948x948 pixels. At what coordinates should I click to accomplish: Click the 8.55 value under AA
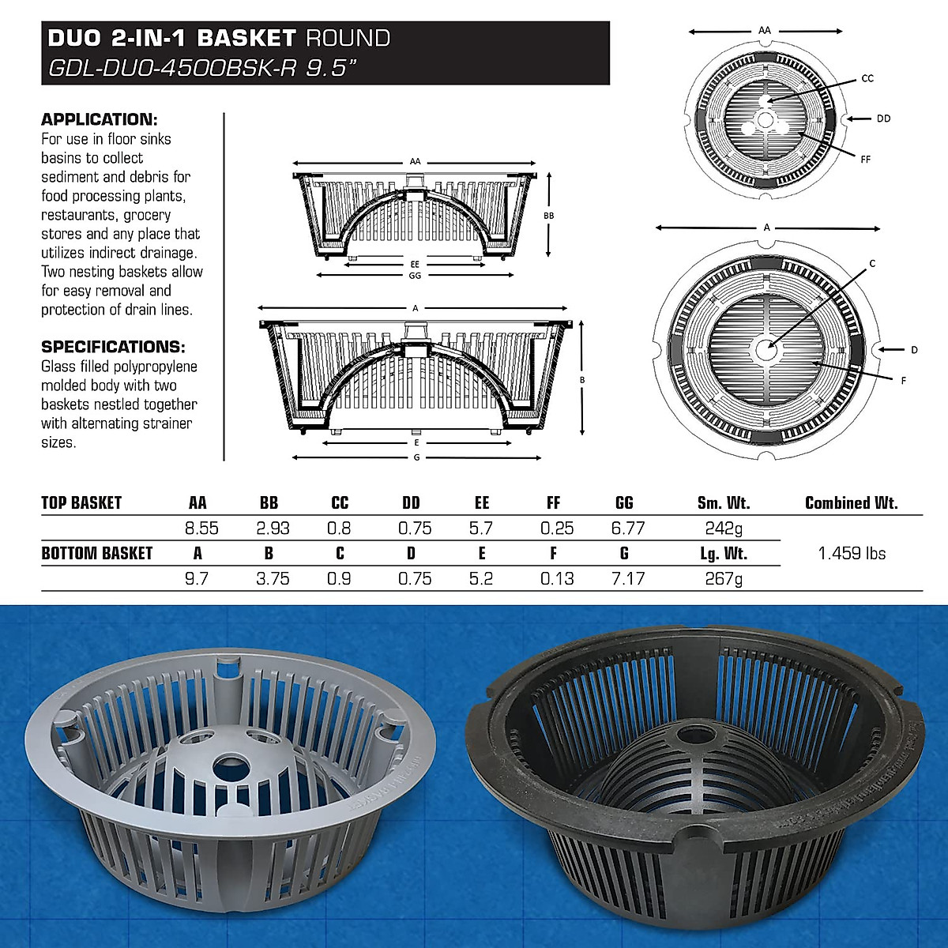201,529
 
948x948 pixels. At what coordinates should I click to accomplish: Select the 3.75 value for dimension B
273,579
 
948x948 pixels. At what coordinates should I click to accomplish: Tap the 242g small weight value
724,529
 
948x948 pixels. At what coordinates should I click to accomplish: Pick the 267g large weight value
724,579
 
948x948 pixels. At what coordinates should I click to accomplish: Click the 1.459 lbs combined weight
852,554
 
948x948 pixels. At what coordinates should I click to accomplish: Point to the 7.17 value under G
628,579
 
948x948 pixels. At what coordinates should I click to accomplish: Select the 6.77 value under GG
628,529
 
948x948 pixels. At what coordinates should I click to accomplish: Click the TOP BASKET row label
81,503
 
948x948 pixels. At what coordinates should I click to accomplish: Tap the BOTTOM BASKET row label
96,554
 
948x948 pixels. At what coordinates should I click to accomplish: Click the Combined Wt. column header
852,503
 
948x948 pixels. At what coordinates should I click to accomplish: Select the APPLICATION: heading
100,120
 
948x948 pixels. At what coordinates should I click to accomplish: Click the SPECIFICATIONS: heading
113,347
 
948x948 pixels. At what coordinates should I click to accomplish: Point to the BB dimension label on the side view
549,216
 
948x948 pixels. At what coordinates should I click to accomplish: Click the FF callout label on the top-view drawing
865,160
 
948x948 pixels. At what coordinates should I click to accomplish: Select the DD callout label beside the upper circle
883,118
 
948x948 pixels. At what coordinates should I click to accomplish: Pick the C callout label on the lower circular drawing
872,263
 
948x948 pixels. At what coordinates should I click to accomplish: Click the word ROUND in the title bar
348,38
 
